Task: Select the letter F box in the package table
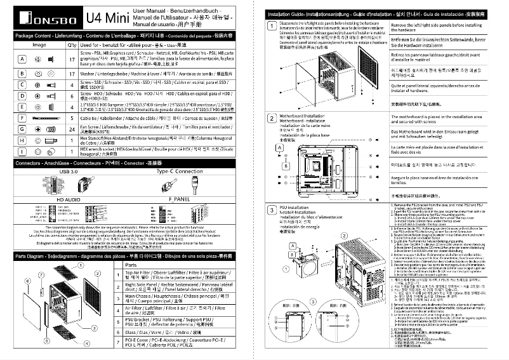(22, 118)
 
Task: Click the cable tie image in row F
(44, 118)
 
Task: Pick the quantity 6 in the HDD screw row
(71, 95)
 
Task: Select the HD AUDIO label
(69, 199)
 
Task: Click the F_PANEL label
(180, 199)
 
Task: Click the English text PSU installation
(295, 207)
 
